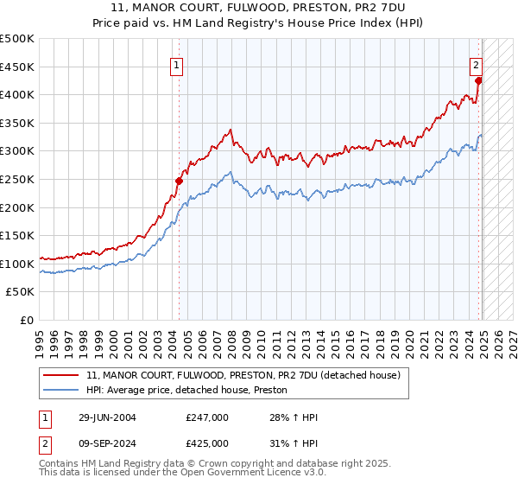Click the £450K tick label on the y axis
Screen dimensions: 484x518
pos(18,67)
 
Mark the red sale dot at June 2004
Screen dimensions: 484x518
pos(180,181)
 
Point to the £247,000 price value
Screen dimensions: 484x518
pos(207,417)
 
